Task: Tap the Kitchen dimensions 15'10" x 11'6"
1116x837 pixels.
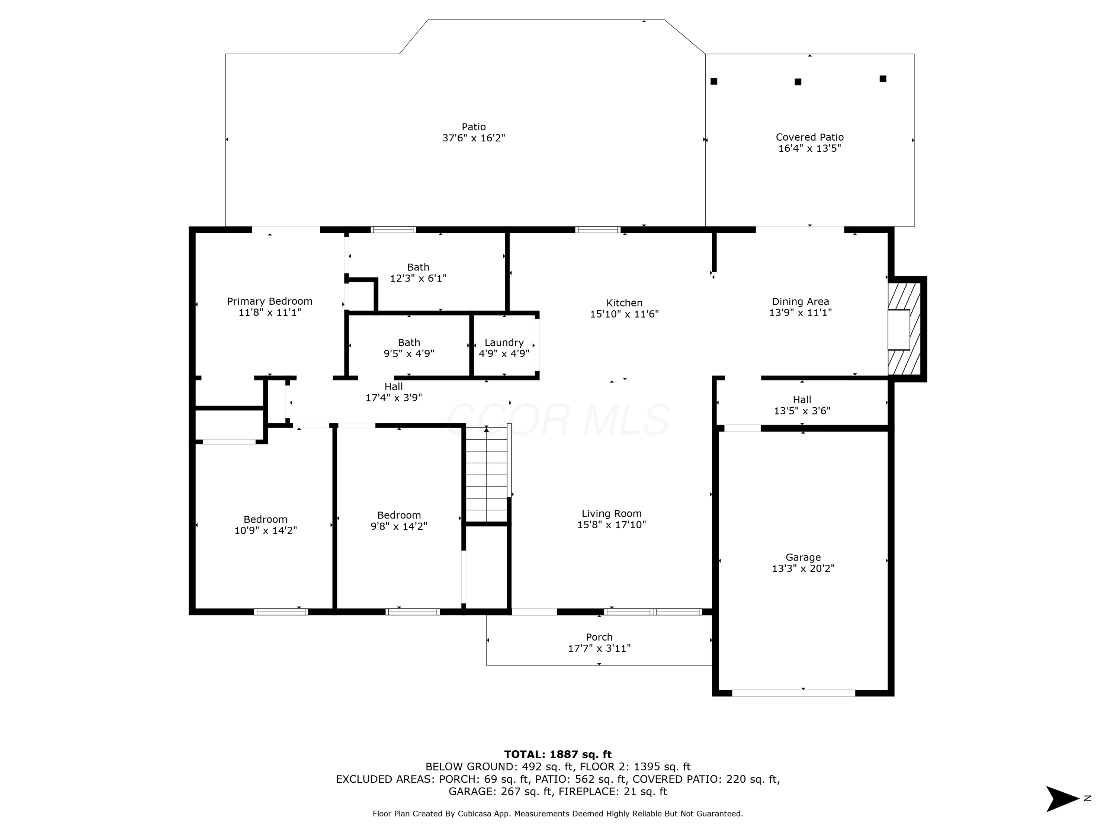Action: coord(624,314)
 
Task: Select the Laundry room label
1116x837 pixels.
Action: coord(504,343)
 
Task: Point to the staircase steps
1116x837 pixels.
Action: coord(486,475)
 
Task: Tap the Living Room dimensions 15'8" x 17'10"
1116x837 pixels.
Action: coord(612,525)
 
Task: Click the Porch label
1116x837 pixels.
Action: coord(599,637)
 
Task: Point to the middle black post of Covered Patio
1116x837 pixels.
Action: coord(798,82)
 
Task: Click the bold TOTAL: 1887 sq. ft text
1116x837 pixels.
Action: coord(558,754)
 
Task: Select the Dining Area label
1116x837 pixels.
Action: coord(800,302)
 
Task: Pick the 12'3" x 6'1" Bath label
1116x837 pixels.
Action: coord(418,272)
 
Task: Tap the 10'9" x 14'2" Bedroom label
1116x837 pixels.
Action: coord(265,525)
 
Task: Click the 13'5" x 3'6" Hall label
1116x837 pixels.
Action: coord(802,405)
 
